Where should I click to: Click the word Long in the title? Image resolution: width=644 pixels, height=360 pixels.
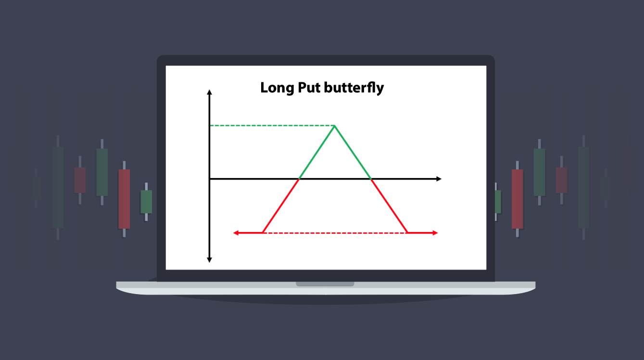(277, 88)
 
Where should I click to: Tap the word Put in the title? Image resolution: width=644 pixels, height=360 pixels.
(309, 88)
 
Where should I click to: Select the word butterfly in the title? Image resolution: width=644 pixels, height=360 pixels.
(354, 88)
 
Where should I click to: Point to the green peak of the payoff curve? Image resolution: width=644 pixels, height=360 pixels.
(335, 126)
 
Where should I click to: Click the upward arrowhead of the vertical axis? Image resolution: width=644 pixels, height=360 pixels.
(209, 92)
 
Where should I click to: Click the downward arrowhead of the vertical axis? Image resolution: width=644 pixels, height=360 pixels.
(209, 260)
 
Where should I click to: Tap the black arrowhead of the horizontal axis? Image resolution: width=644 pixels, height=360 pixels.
(439, 179)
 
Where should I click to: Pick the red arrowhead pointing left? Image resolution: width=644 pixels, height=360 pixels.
(236, 233)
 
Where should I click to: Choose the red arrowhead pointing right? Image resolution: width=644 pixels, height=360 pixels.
(435, 233)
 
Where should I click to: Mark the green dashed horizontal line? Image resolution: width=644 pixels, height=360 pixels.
(272, 126)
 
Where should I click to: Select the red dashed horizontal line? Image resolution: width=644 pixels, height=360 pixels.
(335, 233)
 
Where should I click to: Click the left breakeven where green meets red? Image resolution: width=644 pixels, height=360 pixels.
(299, 179)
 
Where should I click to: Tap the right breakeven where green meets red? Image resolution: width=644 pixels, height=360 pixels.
(371, 179)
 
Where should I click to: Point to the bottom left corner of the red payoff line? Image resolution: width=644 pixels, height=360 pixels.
(263, 232)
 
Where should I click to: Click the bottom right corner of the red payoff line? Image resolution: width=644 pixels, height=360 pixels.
(407, 232)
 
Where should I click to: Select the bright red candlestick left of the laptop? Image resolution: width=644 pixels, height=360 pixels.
(124, 199)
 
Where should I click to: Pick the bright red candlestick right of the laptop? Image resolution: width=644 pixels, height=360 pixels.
(517, 199)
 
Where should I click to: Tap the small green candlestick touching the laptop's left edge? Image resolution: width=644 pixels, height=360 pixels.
(146, 202)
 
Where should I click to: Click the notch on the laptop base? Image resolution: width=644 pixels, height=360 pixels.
(325, 284)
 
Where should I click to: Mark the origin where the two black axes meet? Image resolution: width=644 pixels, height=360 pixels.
(210, 179)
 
